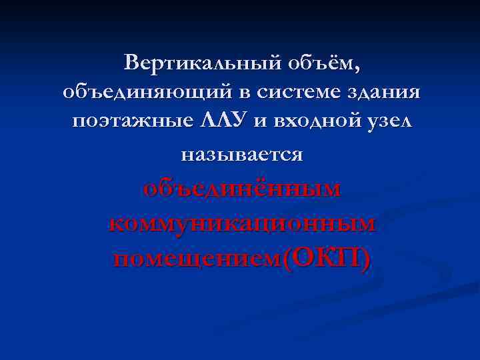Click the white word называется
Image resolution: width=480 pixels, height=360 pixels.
point(241,155)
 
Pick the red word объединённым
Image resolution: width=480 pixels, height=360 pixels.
point(241,189)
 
